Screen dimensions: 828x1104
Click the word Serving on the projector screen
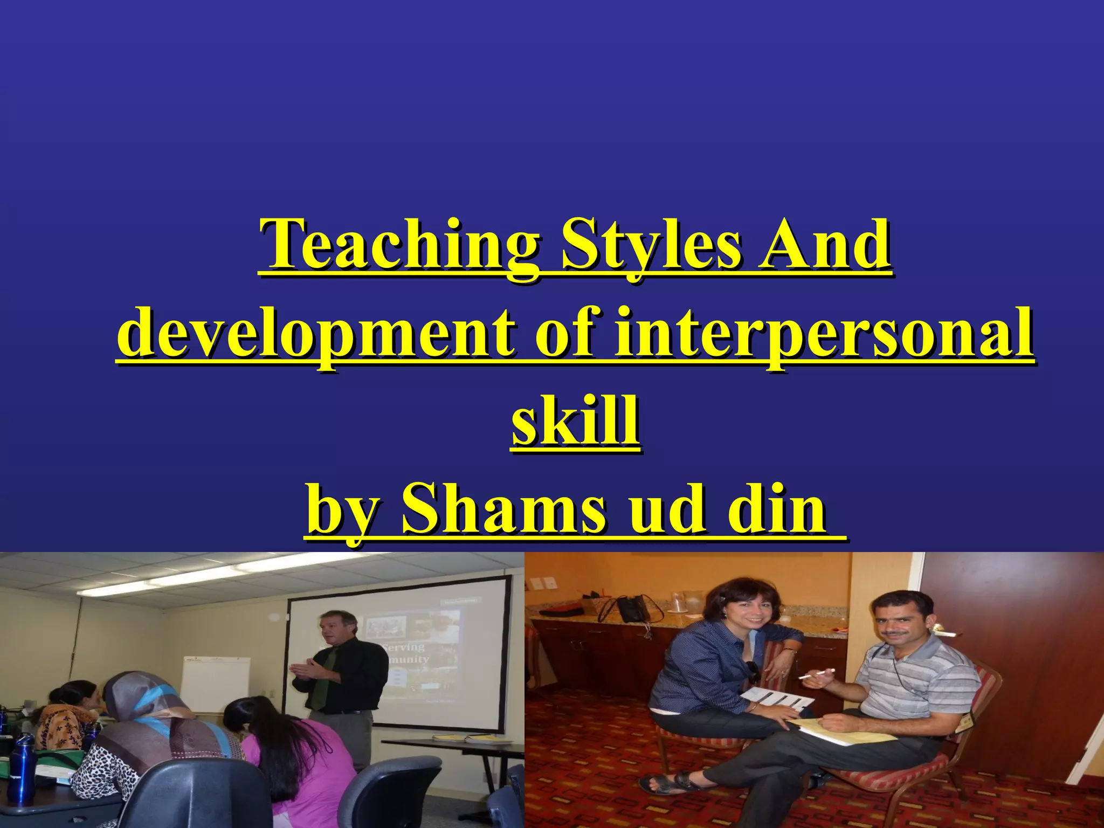click(x=404, y=646)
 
